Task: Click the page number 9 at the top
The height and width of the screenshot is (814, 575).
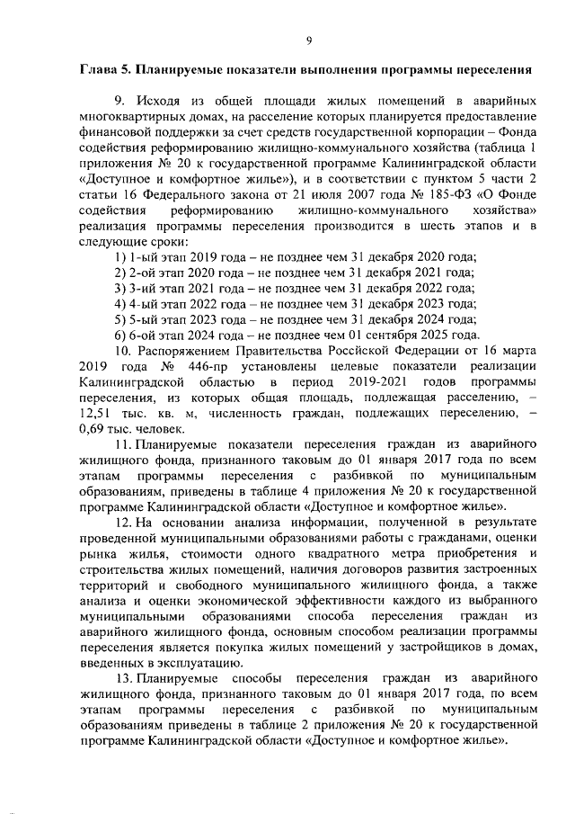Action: coord(308,40)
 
